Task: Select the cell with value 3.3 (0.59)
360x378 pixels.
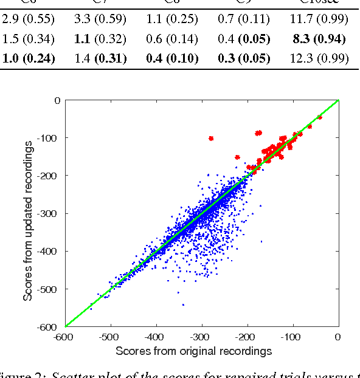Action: point(100,19)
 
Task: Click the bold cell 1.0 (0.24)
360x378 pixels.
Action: point(29,59)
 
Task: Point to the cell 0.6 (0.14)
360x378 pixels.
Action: point(171,40)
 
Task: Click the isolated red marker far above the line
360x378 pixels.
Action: point(211,138)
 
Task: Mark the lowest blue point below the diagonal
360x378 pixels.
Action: point(183,304)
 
